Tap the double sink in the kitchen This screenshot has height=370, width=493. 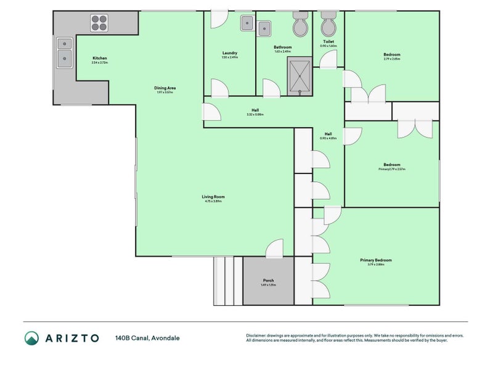tap(64, 52)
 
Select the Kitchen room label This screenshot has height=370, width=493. tap(99, 59)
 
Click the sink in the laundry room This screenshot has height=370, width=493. tap(246, 23)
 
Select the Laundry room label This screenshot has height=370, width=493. tap(229, 54)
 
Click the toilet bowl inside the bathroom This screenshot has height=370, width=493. tap(301, 25)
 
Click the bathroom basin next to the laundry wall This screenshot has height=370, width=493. tap(264, 28)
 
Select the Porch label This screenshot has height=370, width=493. tap(268, 281)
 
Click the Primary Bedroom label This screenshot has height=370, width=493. tap(375, 260)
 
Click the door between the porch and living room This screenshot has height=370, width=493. tap(274, 249)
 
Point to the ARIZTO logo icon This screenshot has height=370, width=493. tap(31, 338)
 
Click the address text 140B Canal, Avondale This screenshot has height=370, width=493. tap(147, 338)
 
